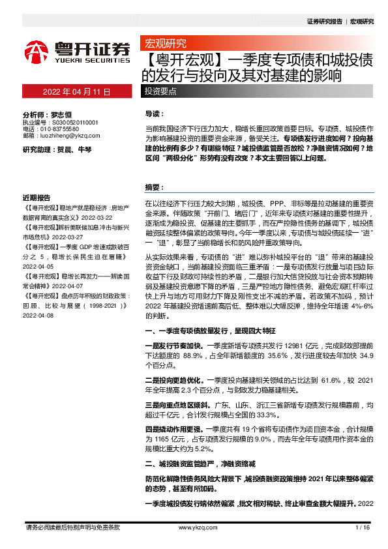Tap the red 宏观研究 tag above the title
tap(165, 44)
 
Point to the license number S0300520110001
tap(70, 123)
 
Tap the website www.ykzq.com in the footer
tap(194, 527)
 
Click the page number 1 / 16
tap(363, 527)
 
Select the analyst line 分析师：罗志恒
tap(46, 114)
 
